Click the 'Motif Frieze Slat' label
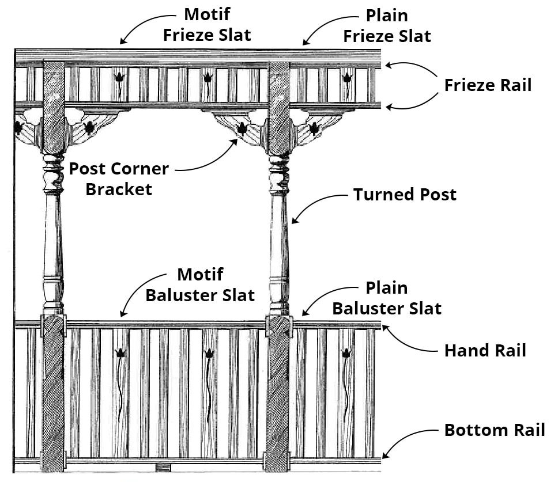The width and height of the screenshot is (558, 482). pyautogui.click(x=207, y=24)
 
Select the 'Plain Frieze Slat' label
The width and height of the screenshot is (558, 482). pyautogui.click(x=387, y=26)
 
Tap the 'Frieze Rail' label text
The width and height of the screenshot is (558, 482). pyautogui.click(x=488, y=85)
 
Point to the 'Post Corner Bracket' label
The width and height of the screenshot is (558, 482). pyautogui.click(x=119, y=179)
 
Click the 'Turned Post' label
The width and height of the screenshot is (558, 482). pyautogui.click(x=405, y=195)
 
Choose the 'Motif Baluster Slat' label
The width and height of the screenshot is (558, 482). pyautogui.click(x=200, y=285)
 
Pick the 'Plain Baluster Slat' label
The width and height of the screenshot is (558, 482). pyautogui.click(x=387, y=298)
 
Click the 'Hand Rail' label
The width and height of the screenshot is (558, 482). pyautogui.click(x=485, y=350)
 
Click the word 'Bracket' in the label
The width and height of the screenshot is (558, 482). pyautogui.click(x=119, y=189)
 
